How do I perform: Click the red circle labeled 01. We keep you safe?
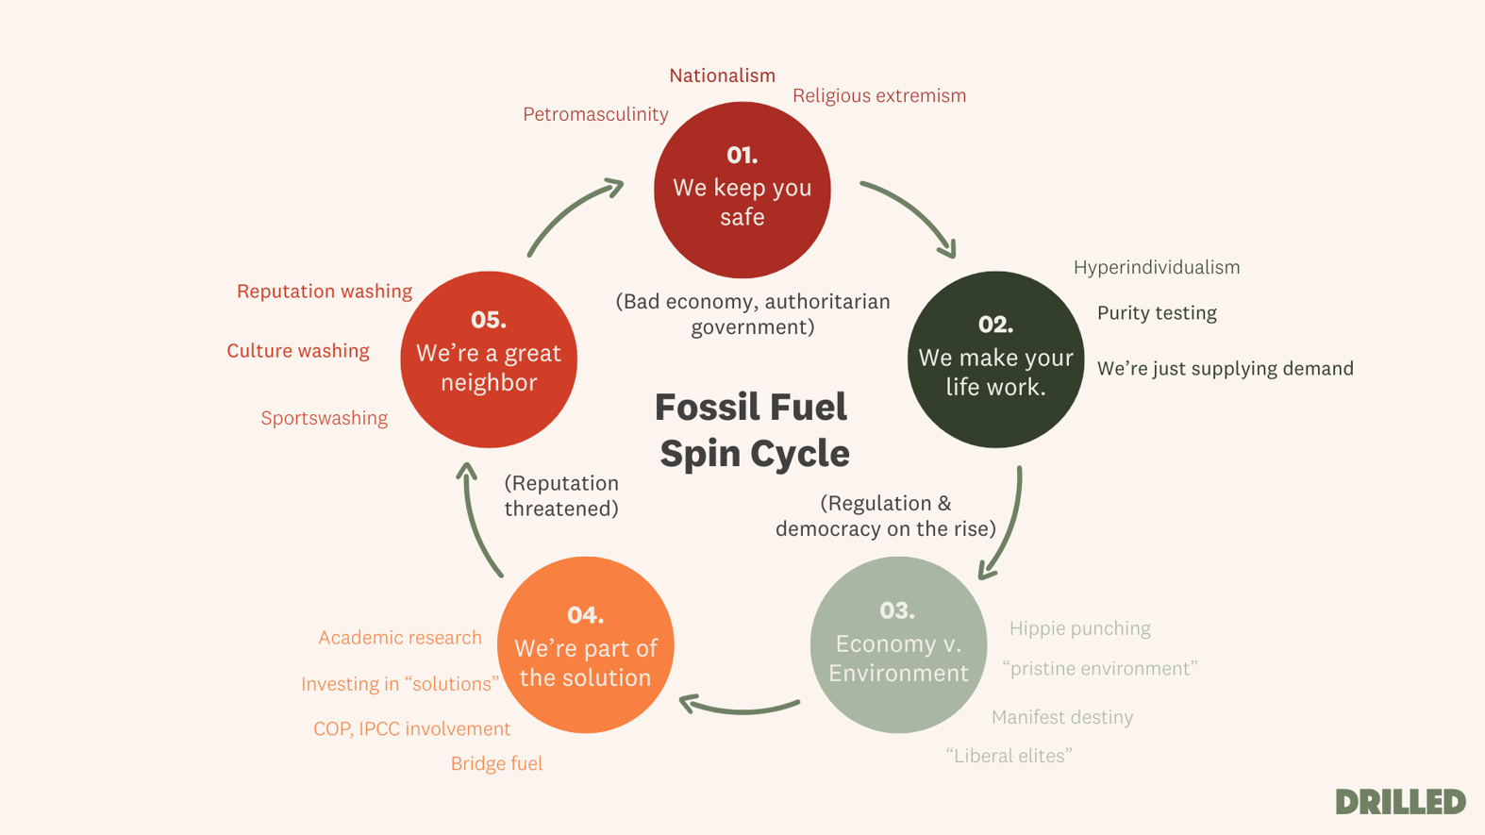[742, 190]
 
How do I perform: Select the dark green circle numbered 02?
[995, 359]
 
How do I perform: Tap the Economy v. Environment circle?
[898, 644]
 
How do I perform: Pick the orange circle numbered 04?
[585, 644]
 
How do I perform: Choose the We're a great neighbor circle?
[489, 359]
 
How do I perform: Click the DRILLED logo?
[1400, 802]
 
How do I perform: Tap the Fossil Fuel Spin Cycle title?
[753, 430]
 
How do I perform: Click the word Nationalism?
[722, 75]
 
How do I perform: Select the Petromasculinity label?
[595, 114]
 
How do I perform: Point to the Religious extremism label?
[878, 95]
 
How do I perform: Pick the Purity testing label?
[1156, 313]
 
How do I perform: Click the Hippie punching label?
[1079, 628]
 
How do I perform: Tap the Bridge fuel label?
[496, 763]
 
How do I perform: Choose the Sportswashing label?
[324, 418]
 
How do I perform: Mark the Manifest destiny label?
[1061, 717]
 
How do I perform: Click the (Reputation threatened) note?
[561, 495]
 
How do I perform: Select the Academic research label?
[399, 638]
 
